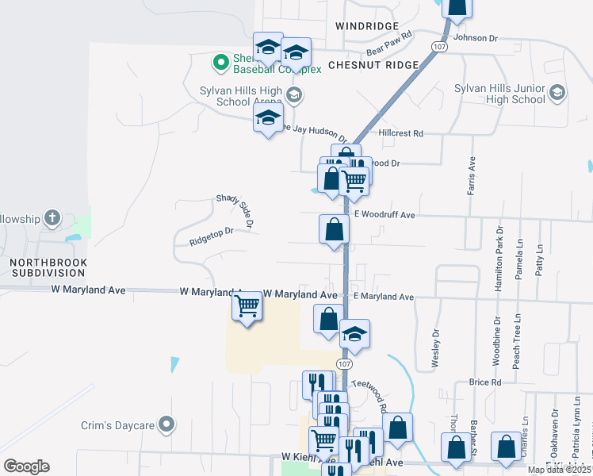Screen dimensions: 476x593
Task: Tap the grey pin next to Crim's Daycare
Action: pyautogui.click(x=166, y=425)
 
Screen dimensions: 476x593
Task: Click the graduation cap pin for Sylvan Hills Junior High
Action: pyautogui.click(x=557, y=94)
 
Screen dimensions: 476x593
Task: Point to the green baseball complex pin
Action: pyautogui.click(x=220, y=61)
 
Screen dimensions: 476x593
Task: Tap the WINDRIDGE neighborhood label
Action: pyautogui.click(x=364, y=26)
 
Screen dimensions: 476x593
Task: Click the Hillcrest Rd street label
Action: pyautogui.click(x=401, y=133)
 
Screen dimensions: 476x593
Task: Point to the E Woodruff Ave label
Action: pyautogui.click(x=385, y=215)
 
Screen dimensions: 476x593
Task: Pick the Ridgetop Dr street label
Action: pyautogui.click(x=212, y=235)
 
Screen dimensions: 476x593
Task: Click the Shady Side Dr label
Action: pyautogui.click(x=235, y=212)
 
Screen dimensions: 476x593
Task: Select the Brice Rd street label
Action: pyautogui.click(x=484, y=382)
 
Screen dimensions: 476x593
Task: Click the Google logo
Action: pyautogui.click(x=27, y=466)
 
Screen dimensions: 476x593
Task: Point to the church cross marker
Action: pyautogui.click(x=52, y=217)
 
